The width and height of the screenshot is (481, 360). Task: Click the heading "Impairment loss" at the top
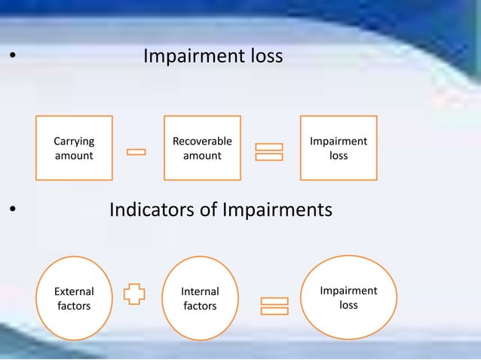tap(213, 56)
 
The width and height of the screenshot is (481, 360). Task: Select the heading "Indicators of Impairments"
tap(220, 209)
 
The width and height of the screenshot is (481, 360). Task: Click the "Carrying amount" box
tap(74, 148)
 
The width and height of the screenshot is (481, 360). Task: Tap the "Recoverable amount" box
tap(202, 148)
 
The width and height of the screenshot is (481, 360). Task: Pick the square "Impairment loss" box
tap(339, 148)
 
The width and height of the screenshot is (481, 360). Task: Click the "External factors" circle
tap(74, 298)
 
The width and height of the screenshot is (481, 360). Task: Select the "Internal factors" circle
tap(200, 298)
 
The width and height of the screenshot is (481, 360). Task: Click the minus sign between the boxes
tap(136, 153)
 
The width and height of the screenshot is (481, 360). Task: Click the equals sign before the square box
tap(269, 151)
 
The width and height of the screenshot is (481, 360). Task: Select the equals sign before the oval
tap(274, 306)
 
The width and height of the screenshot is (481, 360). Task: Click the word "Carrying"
tap(74, 141)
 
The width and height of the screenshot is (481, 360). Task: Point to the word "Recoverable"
tap(202, 141)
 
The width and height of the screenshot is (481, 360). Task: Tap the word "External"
tap(74, 291)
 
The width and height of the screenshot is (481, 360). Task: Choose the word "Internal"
tap(200, 291)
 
